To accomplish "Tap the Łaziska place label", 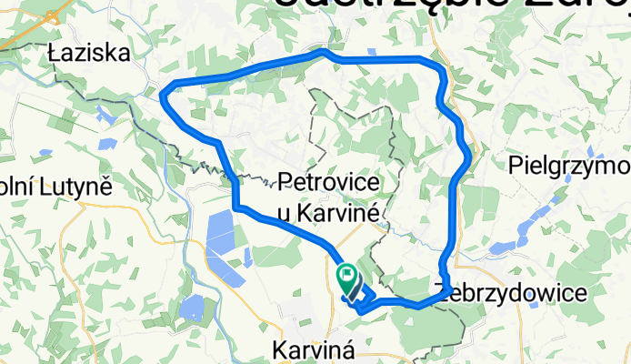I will [89, 55].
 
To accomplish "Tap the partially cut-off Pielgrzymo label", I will [569, 166].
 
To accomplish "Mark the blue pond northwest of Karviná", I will [193, 309].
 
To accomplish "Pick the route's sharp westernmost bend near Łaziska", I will [164, 91].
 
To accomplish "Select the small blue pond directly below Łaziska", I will [105, 116].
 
